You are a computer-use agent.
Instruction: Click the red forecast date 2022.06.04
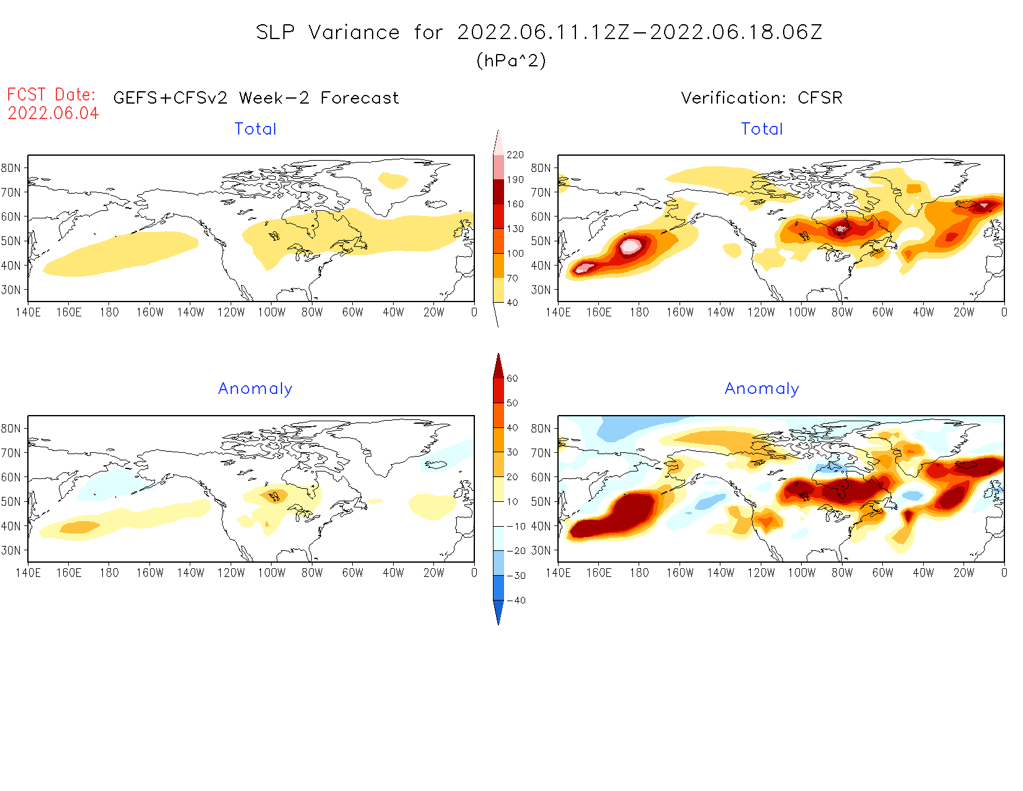53,114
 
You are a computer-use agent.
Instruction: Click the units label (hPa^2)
511,60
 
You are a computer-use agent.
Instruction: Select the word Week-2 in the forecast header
273,98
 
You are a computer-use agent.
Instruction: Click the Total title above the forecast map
255,129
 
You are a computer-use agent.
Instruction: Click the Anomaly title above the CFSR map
762,388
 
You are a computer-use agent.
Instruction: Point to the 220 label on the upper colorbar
515,155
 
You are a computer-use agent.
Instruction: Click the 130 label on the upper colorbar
515,229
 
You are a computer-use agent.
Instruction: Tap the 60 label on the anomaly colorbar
512,378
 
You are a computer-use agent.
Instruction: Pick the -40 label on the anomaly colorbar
516,601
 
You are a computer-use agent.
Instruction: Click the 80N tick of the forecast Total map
11,168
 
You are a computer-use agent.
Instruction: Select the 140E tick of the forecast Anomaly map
28,573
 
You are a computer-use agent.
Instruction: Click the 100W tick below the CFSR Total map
802,312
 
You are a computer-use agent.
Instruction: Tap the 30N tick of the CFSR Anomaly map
541,550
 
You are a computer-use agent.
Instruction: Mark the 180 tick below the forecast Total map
109,312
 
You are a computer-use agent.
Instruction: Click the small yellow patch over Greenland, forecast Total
392,181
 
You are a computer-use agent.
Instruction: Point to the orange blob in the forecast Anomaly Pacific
79,527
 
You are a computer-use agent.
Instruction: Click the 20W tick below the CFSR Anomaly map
963,573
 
